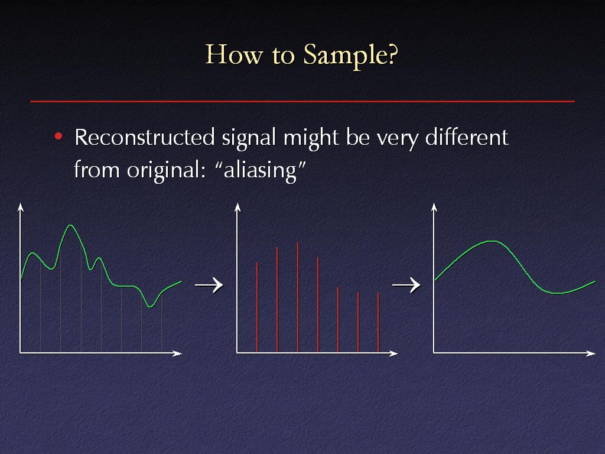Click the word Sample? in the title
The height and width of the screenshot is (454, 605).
[350, 56]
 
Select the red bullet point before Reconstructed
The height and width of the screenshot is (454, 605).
[58, 137]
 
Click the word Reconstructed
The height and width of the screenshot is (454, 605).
[144, 137]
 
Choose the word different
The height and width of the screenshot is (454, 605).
[467, 137]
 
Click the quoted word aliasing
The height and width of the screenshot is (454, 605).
[261, 170]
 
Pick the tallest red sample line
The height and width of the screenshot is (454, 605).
[298, 297]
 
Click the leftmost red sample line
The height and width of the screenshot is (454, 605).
[257, 307]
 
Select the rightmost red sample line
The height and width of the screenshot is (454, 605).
[378, 323]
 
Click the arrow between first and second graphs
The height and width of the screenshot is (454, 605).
[209, 286]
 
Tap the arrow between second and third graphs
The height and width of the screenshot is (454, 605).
[406, 286]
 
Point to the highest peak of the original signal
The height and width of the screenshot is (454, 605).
[70, 225]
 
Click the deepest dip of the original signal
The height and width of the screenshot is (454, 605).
[151, 307]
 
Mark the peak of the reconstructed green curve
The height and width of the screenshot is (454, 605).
[492, 241]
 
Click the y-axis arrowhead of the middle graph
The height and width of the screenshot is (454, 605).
[238, 207]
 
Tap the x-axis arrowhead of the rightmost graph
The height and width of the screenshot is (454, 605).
[591, 354]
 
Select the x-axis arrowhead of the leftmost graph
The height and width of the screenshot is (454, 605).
[177, 354]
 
